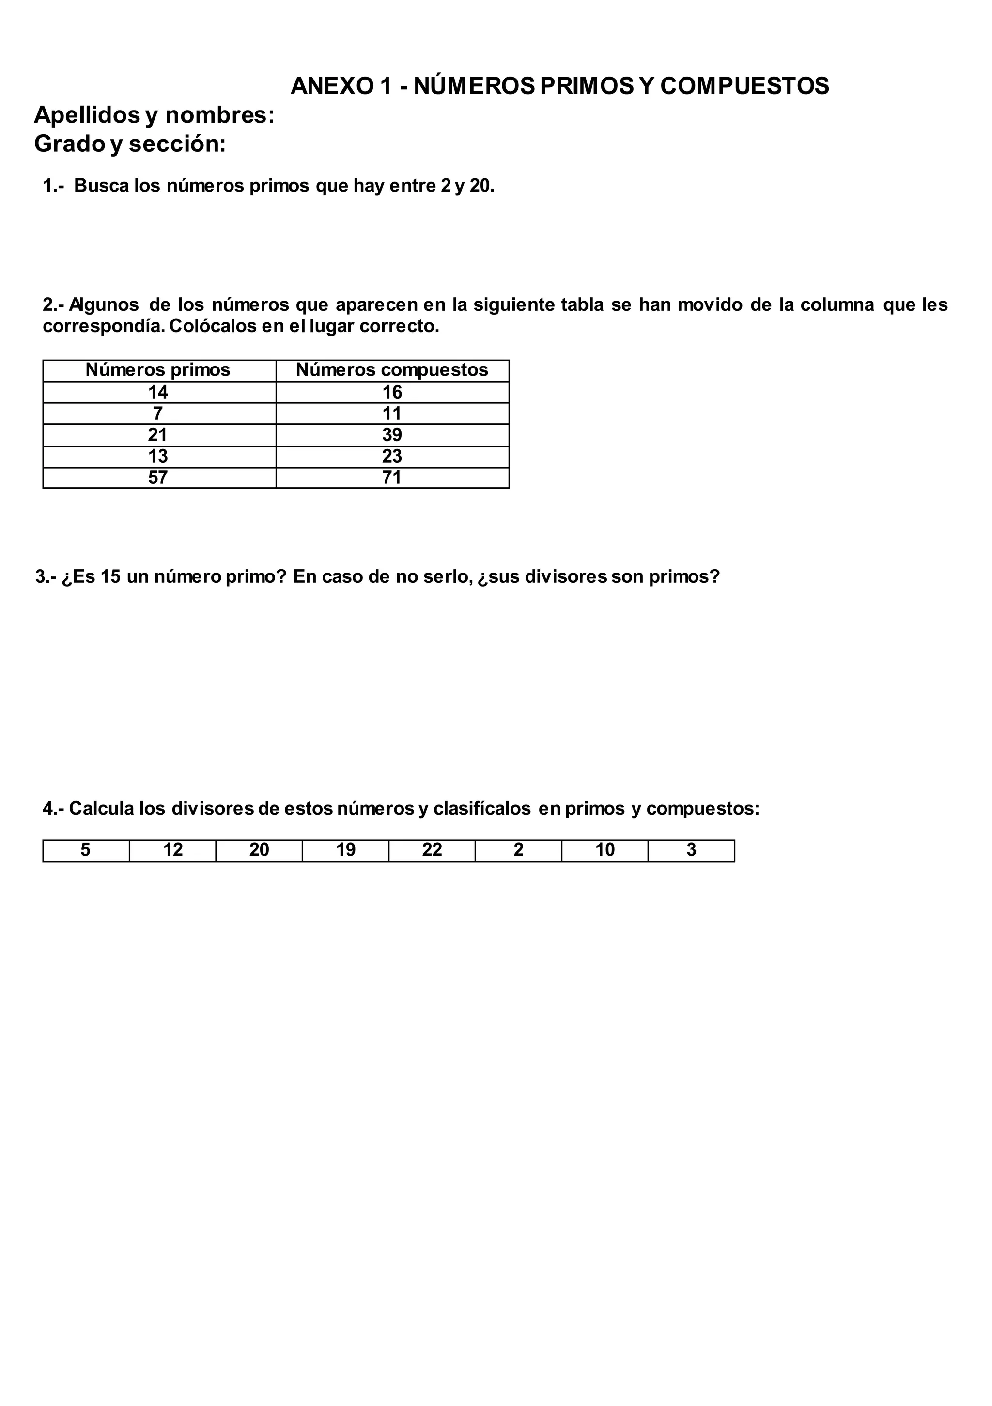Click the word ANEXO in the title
(x=332, y=86)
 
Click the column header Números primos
(x=158, y=370)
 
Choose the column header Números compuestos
(x=392, y=370)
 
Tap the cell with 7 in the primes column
(x=158, y=414)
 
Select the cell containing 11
(x=392, y=414)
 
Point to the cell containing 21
(x=158, y=435)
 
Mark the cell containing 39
(x=392, y=435)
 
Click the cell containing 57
(x=158, y=478)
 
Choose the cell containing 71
(x=392, y=478)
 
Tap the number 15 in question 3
(x=111, y=577)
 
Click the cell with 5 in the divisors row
(x=86, y=850)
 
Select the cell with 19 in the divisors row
(x=346, y=850)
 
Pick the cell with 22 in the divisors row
(x=432, y=850)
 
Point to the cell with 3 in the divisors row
(x=692, y=850)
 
